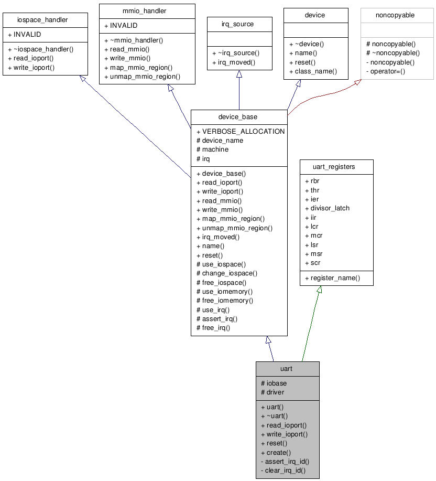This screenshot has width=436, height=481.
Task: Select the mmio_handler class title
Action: pos(147,11)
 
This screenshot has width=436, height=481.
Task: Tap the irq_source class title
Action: pos(239,24)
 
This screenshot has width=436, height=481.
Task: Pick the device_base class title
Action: pos(239,116)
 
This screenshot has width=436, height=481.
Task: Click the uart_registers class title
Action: pos(336,167)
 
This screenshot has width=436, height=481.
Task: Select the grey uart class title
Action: pos(287,368)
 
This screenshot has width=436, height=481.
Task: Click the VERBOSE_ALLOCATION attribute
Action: pos(241,131)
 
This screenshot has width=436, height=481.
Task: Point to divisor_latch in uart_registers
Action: pos(327,208)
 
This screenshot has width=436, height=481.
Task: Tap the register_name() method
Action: pos(332,277)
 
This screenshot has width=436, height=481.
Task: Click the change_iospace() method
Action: pos(226,273)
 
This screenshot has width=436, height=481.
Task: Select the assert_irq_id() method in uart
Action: pos(285,461)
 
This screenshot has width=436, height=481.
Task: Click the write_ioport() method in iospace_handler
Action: pos(31,67)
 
